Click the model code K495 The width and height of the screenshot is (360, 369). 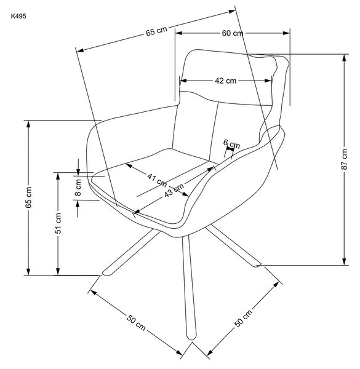[x=18, y=16]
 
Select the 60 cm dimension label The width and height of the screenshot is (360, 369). [x=233, y=33]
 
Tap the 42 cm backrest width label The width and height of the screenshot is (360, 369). [x=225, y=81]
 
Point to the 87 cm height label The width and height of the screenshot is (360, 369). [x=344, y=159]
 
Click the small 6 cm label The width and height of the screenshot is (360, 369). [x=231, y=144]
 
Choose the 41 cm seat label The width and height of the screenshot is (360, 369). [x=157, y=180]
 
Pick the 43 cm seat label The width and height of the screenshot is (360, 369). [x=174, y=190]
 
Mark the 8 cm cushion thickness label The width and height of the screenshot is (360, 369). [x=78, y=188]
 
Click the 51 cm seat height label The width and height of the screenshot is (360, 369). [x=58, y=223]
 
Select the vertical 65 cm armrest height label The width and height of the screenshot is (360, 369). [x=28, y=197]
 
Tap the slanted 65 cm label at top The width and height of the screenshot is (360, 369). [x=156, y=31]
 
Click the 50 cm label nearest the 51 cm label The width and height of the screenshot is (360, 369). [x=136, y=322]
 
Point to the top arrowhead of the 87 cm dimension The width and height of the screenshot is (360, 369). [x=344, y=58]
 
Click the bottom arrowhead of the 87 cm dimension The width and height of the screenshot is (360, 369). [x=344, y=261]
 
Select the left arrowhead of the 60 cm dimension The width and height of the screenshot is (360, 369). [x=179, y=33]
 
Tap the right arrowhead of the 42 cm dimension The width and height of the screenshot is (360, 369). [x=268, y=81]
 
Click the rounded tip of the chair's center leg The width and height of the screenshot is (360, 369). [x=191, y=338]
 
